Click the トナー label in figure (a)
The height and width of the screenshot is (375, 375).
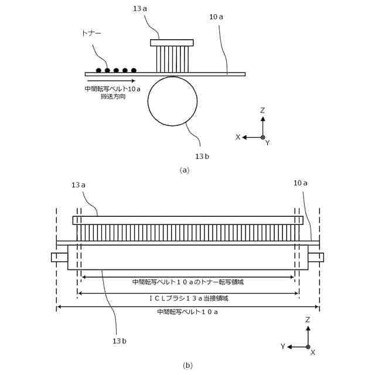click(92, 35)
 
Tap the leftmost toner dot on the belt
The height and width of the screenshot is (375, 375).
click(98, 70)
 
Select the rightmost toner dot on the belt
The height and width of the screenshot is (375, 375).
click(134, 70)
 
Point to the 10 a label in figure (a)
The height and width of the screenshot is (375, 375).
click(216, 17)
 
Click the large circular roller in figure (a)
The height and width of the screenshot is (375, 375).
click(172, 101)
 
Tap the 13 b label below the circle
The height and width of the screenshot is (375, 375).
click(202, 156)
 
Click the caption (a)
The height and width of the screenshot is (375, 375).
click(185, 170)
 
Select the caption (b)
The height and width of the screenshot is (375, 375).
click(187, 366)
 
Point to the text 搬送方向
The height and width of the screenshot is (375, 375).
click(113, 96)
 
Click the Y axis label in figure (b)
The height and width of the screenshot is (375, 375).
click(283, 347)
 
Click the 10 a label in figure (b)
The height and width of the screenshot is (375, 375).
click(300, 183)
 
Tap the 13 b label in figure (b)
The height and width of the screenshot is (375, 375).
click(120, 341)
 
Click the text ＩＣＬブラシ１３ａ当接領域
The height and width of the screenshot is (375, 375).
click(188, 298)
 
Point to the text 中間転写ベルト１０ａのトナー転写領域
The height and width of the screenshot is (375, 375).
click(187, 282)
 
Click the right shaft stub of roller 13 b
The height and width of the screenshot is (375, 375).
click(316, 257)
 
